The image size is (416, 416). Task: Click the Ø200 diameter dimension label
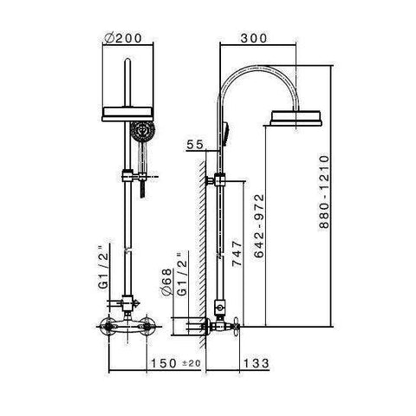pyautogui.click(x=124, y=38)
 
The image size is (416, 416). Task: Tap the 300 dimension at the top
pyautogui.click(x=254, y=38)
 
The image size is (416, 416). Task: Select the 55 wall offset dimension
pyautogui.click(x=195, y=145)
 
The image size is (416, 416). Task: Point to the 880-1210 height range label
pyautogui.click(x=324, y=192)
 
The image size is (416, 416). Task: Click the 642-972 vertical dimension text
pyautogui.click(x=259, y=225)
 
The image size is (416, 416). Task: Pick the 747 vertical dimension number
pyautogui.click(x=237, y=252)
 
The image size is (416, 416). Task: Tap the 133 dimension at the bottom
pyautogui.click(x=256, y=363)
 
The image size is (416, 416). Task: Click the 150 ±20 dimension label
pyautogui.click(x=176, y=363)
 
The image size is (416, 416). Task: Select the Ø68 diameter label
pyautogui.click(x=166, y=283)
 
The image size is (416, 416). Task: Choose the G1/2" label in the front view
pyautogui.click(x=103, y=267)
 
